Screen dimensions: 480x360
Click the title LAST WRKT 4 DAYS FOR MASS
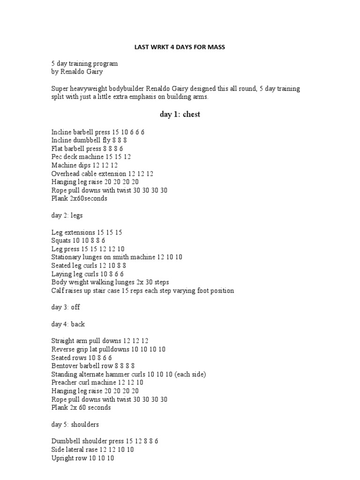[x=180, y=47]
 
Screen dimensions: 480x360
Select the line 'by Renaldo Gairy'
[x=76, y=72]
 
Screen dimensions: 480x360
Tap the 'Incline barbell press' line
[x=98, y=132]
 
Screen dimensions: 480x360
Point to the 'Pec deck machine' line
[x=91, y=157]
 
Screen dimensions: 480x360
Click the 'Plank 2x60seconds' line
[x=79, y=198]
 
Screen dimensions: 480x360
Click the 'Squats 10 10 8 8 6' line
[x=78, y=240]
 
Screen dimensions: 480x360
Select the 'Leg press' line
[x=88, y=249]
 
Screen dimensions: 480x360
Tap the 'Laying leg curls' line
[x=88, y=274]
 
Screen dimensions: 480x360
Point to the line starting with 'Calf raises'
[x=142, y=291]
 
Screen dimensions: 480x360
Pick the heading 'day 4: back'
[x=68, y=324]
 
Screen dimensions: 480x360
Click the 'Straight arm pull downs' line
[x=100, y=341]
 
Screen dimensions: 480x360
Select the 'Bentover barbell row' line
[x=93, y=366]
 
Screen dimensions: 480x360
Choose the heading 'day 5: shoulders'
[x=75, y=424]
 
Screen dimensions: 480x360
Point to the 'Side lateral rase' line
[x=92, y=450]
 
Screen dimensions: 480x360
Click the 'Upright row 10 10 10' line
[x=82, y=458]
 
